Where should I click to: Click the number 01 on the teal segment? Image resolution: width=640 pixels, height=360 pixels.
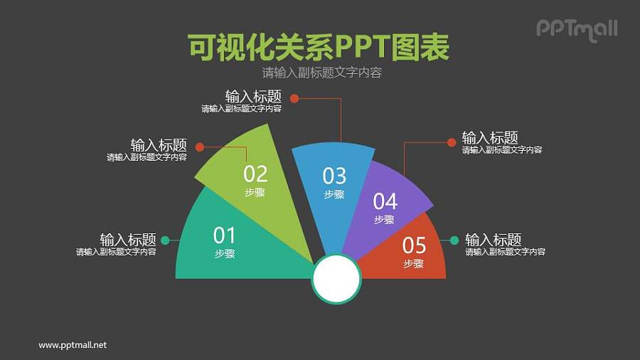[224, 235]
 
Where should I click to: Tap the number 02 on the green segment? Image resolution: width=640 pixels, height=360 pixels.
[255, 174]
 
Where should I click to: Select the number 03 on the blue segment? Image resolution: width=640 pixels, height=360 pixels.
[334, 175]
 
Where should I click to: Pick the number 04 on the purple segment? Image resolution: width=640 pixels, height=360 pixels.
[385, 201]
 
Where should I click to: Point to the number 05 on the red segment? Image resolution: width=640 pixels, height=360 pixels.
[414, 245]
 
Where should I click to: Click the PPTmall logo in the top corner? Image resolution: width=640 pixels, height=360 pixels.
[576, 29]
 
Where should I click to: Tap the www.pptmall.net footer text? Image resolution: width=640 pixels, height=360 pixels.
[73, 345]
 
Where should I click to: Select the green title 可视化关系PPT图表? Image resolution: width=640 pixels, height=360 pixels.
[319, 48]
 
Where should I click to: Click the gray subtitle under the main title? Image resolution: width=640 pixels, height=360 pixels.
[322, 73]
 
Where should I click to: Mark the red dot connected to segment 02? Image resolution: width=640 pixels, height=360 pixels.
[200, 147]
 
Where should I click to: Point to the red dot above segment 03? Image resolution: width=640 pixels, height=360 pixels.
[293, 99]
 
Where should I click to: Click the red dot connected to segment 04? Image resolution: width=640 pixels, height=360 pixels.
[452, 142]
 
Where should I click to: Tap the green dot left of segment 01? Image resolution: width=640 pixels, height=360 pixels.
[165, 240]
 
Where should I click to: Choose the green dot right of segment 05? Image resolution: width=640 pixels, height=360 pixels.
[454, 240]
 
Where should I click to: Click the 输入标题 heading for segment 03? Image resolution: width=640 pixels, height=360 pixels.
[253, 97]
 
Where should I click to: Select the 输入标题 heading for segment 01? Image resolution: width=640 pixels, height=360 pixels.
[128, 240]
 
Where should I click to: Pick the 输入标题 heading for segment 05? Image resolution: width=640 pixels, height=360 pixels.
[494, 240]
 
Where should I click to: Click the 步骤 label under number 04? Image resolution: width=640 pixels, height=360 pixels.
[384, 220]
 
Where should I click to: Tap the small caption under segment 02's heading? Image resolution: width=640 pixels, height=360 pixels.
[147, 157]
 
